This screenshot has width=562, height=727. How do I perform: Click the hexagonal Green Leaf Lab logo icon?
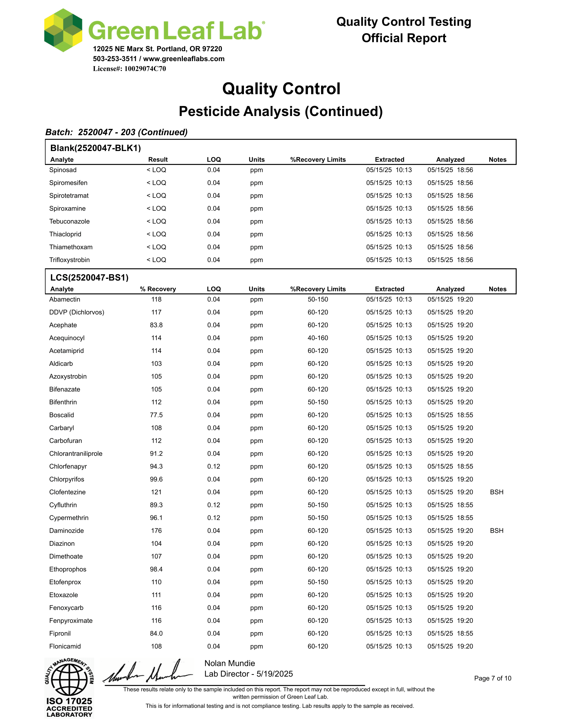tap(63, 30)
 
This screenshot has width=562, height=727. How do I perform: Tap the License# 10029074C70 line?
tap(129, 69)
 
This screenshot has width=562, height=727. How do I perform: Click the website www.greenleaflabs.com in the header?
tap(184, 59)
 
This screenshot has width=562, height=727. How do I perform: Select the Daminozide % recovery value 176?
tap(156, 531)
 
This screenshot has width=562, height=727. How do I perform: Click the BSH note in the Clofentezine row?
tap(497, 492)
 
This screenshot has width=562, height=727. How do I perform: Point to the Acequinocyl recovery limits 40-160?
tap(318, 338)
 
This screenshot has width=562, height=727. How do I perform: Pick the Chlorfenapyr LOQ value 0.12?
tap(214, 466)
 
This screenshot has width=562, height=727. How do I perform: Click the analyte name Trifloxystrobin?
tap(69, 260)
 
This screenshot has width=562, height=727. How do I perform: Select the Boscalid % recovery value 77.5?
tap(156, 415)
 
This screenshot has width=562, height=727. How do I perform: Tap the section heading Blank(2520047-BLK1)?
tap(96, 148)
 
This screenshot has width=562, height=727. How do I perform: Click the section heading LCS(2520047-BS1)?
tap(89, 278)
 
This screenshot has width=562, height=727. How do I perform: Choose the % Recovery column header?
tap(158, 289)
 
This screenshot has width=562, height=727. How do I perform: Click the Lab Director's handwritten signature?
tap(148, 672)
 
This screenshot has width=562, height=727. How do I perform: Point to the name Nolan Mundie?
tap(229, 664)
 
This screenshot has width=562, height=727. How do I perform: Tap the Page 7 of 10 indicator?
tap(493, 678)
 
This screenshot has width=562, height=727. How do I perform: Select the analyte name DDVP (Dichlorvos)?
tap(77, 312)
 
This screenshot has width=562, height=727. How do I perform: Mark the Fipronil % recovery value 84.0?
tap(156, 633)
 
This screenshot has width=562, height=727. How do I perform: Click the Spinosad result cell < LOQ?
tap(156, 170)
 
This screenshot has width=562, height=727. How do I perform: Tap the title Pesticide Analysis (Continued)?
tap(281, 111)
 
